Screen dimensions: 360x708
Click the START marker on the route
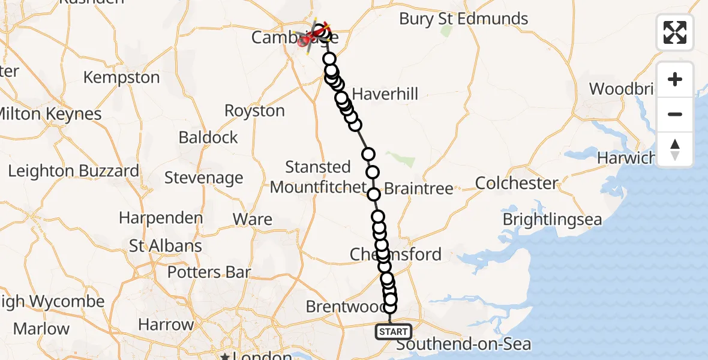tap(394, 331)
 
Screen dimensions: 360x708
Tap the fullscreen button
tap(675, 32)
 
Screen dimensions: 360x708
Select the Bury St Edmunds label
tap(464, 19)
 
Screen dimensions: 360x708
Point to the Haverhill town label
tap(385, 94)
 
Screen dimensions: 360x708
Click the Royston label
tap(254, 111)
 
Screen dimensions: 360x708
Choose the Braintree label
tap(418, 188)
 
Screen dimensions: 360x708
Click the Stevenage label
tap(203, 178)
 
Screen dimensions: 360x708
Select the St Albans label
tap(166, 246)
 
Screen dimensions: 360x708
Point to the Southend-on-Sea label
tap(463, 344)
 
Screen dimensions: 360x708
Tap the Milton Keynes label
tap(50, 114)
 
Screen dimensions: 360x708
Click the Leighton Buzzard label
tap(73, 171)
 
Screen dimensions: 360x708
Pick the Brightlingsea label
tap(552, 220)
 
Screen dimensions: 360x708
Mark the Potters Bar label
tap(209, 272)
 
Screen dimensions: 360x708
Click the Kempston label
tap(121, 77)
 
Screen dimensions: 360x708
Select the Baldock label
tap(208, 137)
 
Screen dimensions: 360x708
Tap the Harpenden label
tap(161, 217)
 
